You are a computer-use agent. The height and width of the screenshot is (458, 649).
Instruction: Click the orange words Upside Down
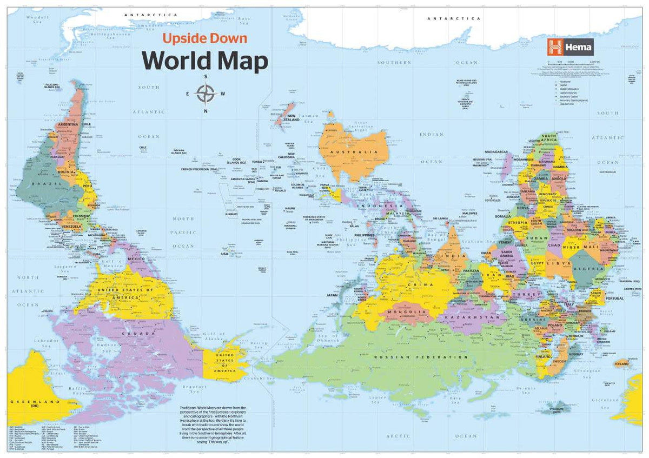point(205,39)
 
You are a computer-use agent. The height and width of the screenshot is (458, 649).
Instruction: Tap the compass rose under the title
point(206,94)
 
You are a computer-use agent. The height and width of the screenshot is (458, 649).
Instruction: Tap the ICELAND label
point(622,364)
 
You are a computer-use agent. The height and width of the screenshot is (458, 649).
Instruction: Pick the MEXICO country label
point(136,260)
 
